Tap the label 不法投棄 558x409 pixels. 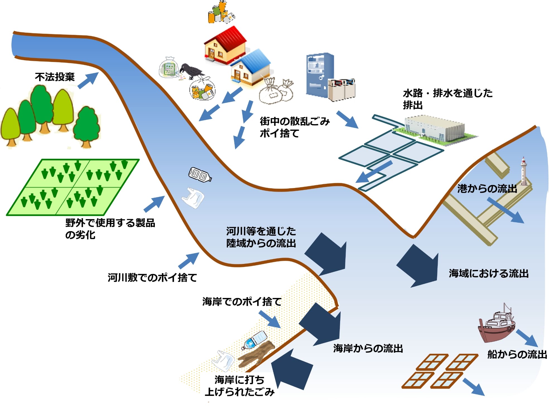click(55, 77)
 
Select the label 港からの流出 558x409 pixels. click(487, 189)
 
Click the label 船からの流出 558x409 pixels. click(517, 354)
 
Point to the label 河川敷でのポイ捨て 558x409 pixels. click(152, 277)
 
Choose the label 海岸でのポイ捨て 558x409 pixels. click(242, 302)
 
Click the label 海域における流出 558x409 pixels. click(489, 273)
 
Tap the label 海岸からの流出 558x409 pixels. click(368, 348)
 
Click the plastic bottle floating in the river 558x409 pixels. click(200, 174)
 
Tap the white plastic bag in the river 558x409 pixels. click(193, 198)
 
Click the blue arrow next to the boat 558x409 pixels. click(527, 338)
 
